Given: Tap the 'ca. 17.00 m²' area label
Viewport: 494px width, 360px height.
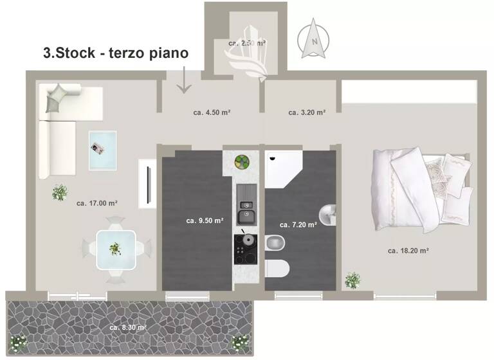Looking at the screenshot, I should point(97,203).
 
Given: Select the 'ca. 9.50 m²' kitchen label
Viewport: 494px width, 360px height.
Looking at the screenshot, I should point(205,220).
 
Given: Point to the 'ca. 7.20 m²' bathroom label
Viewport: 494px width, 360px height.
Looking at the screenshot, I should point(298,225).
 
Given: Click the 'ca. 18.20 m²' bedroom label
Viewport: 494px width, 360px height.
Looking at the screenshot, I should point(408,251).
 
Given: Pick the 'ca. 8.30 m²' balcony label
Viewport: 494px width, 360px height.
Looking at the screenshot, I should point(128,327).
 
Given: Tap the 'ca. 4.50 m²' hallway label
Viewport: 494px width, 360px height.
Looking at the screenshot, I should point(212,112).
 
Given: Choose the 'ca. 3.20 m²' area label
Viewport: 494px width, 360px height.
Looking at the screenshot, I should point(307,112).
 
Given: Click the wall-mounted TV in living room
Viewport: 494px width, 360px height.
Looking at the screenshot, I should point(149,186).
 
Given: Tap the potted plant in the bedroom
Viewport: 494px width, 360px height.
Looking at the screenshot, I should point(352,280).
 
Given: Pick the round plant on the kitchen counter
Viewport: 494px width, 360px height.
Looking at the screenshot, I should point(242,161).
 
